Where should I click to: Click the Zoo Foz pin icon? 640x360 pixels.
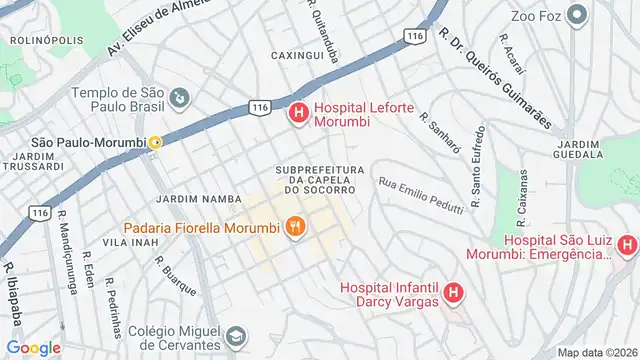pyautogui.click(x=577, y=14)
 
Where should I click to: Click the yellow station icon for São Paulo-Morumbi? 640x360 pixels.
pyautogui.click(x=155, y=143)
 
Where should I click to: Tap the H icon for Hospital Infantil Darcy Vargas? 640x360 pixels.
pyautogui.click(x=453, y=293)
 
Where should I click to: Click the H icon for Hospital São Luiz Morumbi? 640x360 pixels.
pyautogui.click(x=627, y=244)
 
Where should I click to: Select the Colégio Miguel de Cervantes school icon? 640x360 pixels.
pyautogui.click(x=236, y=335)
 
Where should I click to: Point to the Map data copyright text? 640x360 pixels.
pyautogui.click(x=598, y=352)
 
